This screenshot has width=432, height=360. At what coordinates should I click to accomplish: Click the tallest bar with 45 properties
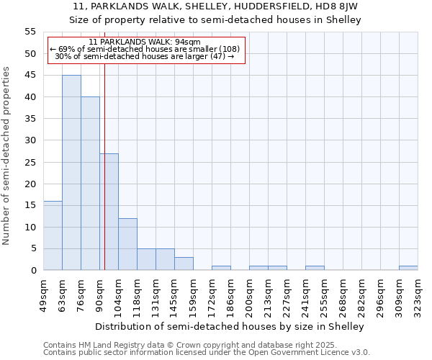point(71,173)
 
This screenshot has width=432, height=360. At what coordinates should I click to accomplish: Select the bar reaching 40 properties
point(90,184)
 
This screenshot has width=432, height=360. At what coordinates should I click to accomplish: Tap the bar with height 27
point(109,212)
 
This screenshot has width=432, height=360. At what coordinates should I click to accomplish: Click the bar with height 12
point(127,244)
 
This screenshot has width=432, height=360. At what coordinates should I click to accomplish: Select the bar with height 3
point(184,264)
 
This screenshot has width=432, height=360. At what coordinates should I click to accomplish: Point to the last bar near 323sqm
point(408,268)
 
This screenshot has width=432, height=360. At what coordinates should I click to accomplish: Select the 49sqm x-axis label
point(43,294)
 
